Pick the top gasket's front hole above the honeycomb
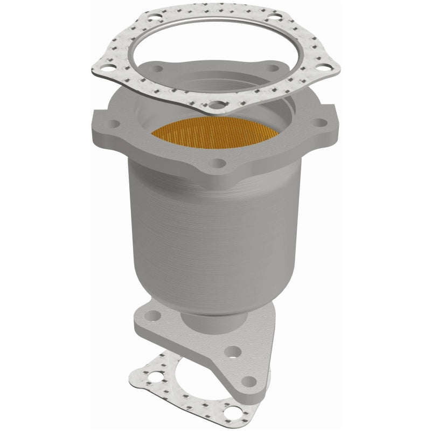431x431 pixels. click(215, 105)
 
